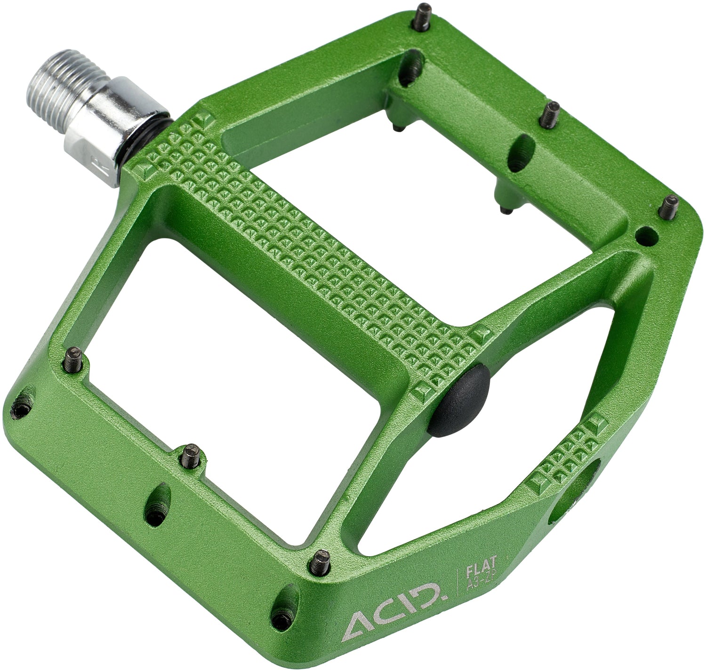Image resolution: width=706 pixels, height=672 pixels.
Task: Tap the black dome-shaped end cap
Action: click(461, 400)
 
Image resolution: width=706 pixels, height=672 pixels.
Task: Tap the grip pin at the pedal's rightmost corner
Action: click(670, 207)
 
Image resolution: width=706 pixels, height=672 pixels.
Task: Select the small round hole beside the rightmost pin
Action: click(646, 235)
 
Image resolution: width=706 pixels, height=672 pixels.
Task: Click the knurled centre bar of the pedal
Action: click(301, 249)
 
